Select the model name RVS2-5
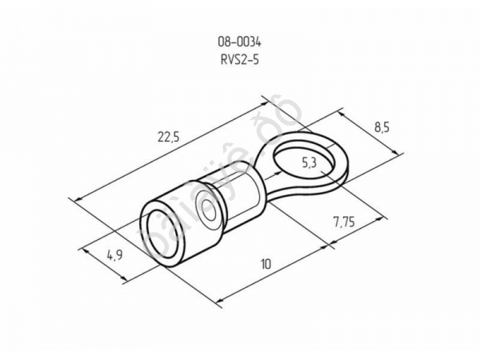[x=238, y=58]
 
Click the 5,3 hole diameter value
[x=310, y=164]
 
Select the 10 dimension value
[x=266, y=263]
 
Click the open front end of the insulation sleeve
[x=162, y=233]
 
